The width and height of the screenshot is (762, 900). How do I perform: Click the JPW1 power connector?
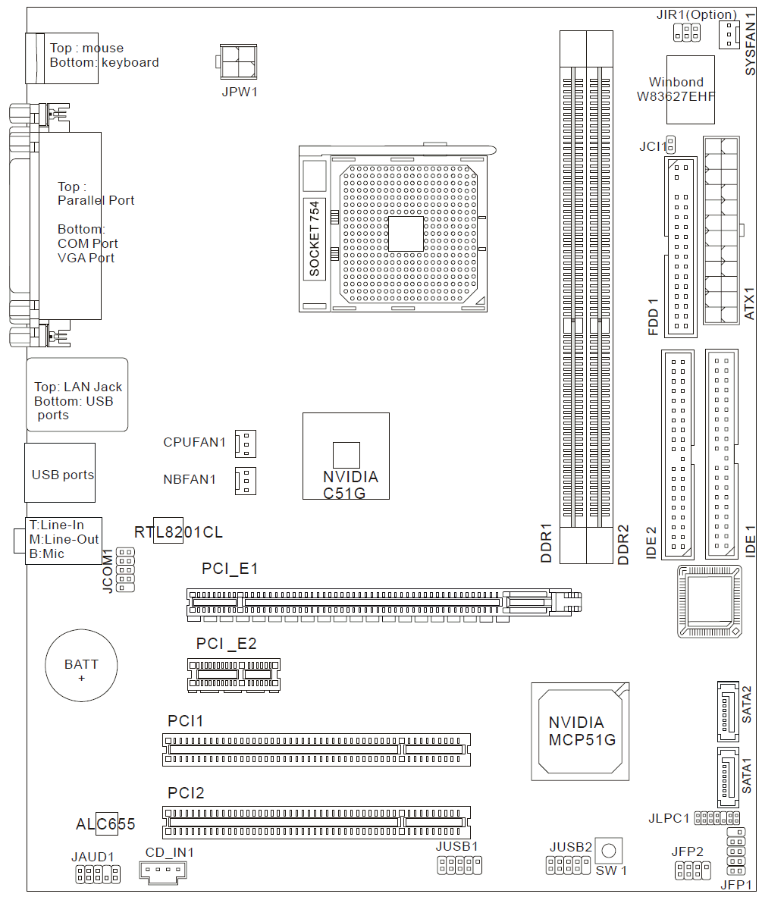(x=237, y=62)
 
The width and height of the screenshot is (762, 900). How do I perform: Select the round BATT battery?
(x=81, y=665)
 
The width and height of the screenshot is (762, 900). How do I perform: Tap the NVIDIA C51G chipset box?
(x=346, y=456)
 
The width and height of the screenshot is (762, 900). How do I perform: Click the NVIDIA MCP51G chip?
(x=580, y=731)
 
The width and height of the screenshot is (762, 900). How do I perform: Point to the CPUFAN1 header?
(x=246, y=444)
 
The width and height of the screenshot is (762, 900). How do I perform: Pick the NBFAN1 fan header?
(x=246, y=481)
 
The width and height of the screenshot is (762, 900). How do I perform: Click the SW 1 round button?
(x=609, y=851)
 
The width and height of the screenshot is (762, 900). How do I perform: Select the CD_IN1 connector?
(x=163, y=870)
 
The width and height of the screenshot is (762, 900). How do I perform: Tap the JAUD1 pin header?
(x=98, y=874)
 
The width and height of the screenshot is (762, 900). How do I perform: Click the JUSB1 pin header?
(x=459, y=865)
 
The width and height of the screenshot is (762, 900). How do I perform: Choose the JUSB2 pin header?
(x=568, y=865)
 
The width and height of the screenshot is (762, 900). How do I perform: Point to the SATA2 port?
(x=728, y=711)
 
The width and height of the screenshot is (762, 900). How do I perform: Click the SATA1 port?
(x=728, y=778)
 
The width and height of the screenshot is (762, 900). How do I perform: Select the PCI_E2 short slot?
(x=234, y=674)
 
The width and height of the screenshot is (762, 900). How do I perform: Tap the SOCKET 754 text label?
(x=315, y=238)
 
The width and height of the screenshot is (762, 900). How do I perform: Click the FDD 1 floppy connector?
(x=681, y=247)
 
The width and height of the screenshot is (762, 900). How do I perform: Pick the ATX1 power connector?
(x=722, y=230)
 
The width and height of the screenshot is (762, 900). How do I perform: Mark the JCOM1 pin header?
(x=125, y=569)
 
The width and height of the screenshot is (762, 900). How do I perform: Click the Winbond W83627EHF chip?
(x=690, y=89)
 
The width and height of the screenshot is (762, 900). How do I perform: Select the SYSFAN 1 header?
(x=729, y=34)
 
